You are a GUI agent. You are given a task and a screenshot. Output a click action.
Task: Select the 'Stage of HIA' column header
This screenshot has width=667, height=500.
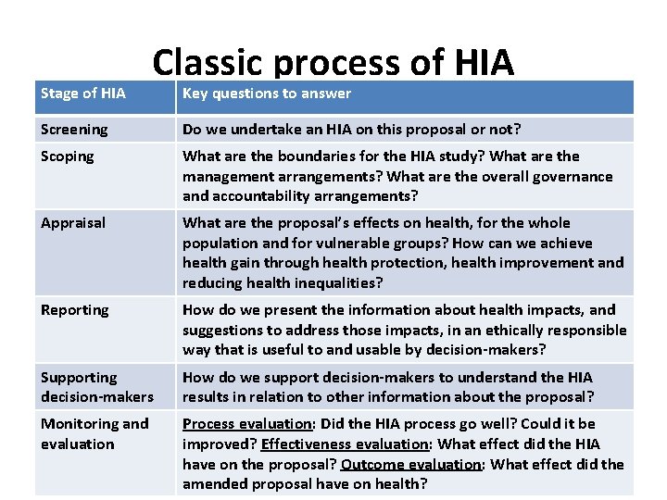(x=83, y=94)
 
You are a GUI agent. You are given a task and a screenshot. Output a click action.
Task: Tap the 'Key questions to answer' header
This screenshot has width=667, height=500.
(x=267, y=94)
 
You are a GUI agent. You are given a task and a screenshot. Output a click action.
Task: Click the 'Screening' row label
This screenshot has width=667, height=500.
(x=74, y=130)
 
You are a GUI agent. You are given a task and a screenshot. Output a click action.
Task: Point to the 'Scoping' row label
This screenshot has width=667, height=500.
(x=68, y=156)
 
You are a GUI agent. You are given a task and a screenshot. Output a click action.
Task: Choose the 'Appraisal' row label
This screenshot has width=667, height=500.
(x=73, y=223)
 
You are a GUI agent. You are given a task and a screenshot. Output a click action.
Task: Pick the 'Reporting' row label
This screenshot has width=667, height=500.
(x=75, y=310)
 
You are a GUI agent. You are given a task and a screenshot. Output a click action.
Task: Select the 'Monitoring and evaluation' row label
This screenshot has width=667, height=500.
(x=94, y=433)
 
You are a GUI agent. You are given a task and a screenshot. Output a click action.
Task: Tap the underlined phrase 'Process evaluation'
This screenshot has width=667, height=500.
(x=246, y=424)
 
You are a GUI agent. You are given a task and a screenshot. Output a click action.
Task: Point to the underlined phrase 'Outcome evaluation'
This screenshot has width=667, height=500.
(x=411, y=465)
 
